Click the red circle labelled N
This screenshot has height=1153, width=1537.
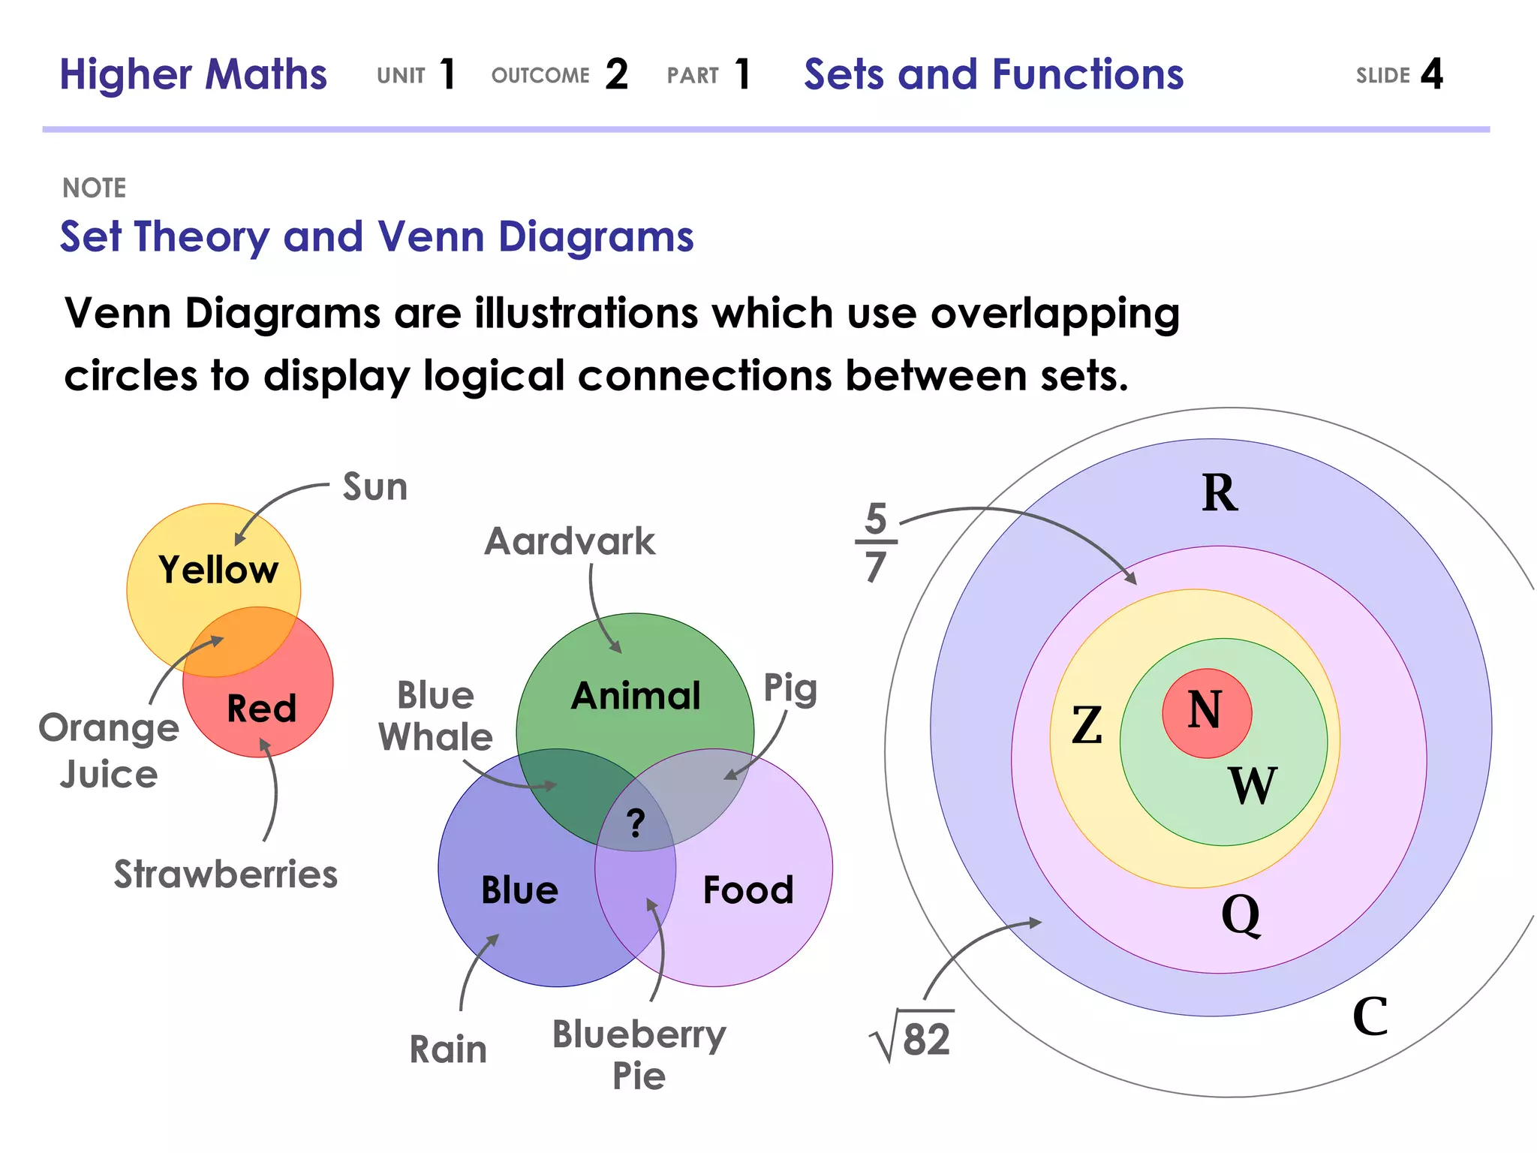[1206, 712]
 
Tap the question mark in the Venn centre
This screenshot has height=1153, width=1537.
[636, 823]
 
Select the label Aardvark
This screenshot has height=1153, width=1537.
[570, 541]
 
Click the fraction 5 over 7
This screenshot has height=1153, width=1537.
[876, 542]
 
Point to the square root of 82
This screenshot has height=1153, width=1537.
[913, 1038]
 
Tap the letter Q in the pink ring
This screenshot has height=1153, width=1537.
[1241, 915]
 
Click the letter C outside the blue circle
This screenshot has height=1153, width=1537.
[1370, 1016]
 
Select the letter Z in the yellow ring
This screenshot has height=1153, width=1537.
[1087, 726]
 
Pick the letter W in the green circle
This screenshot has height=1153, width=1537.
[1252, 786]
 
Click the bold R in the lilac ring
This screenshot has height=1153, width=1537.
[1220, 493]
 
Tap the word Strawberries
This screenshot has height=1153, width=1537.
[226, 875]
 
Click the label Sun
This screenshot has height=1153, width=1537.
[375, 486]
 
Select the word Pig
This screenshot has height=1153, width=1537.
[790, 689]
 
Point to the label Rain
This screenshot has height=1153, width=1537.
[448, 1049]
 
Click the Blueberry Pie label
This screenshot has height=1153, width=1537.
[639, 1055]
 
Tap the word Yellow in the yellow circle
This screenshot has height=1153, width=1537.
[218, 570]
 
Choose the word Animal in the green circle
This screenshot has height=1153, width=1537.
[636, 696]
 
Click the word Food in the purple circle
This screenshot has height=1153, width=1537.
[748, 890]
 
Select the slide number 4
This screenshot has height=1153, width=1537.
[1431, 74]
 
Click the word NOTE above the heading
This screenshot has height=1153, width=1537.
[95, 188]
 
